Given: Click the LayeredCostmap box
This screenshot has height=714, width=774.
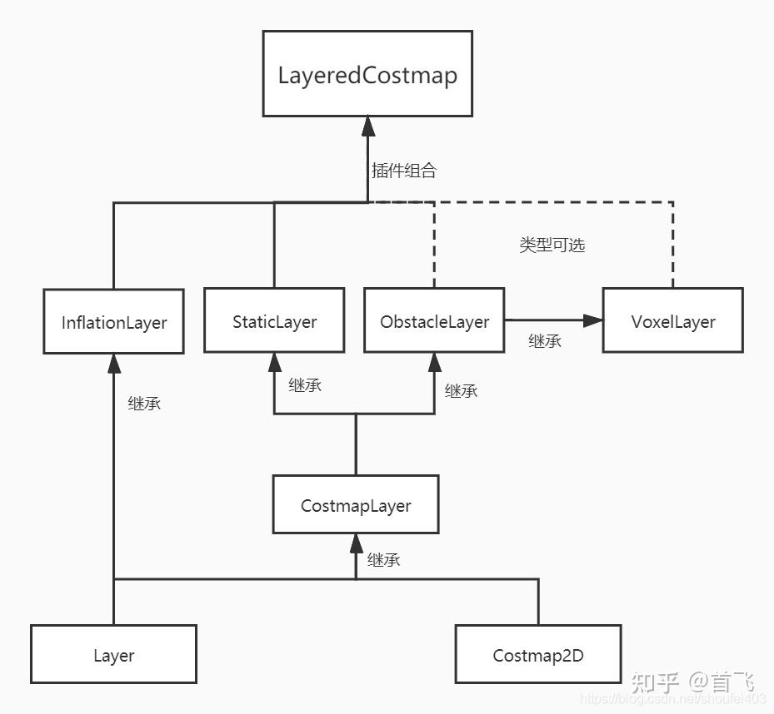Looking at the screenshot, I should tap(367, 74).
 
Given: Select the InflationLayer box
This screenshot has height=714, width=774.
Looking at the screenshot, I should tap(114, 322).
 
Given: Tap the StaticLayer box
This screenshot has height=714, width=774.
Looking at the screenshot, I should tap(274, 321).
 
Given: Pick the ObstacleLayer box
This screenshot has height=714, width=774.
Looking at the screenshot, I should tap(434, 321).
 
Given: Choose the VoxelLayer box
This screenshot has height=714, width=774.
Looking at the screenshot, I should tap(672, 321).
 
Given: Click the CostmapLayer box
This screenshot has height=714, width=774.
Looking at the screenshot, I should tap(356, 505).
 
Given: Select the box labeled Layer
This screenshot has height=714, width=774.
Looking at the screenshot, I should tap(113, 655).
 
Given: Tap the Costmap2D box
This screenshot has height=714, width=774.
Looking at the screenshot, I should tap(538, 655).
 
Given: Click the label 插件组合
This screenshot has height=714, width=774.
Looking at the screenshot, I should tap(404, 171).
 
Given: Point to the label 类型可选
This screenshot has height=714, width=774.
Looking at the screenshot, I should tap(552, 245).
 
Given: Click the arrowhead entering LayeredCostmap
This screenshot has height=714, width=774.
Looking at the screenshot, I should tap(367, 126).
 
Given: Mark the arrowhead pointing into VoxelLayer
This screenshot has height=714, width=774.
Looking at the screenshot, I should tap(593, 320).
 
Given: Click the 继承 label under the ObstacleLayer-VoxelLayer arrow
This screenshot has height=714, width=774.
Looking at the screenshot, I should tap(545, 341).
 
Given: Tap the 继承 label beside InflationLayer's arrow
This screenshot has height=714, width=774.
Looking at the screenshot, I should tap(144, 404).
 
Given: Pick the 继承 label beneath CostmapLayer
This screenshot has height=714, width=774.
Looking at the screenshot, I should tap(384, 559).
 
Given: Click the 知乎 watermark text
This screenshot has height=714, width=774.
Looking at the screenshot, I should tap(657, 682).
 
